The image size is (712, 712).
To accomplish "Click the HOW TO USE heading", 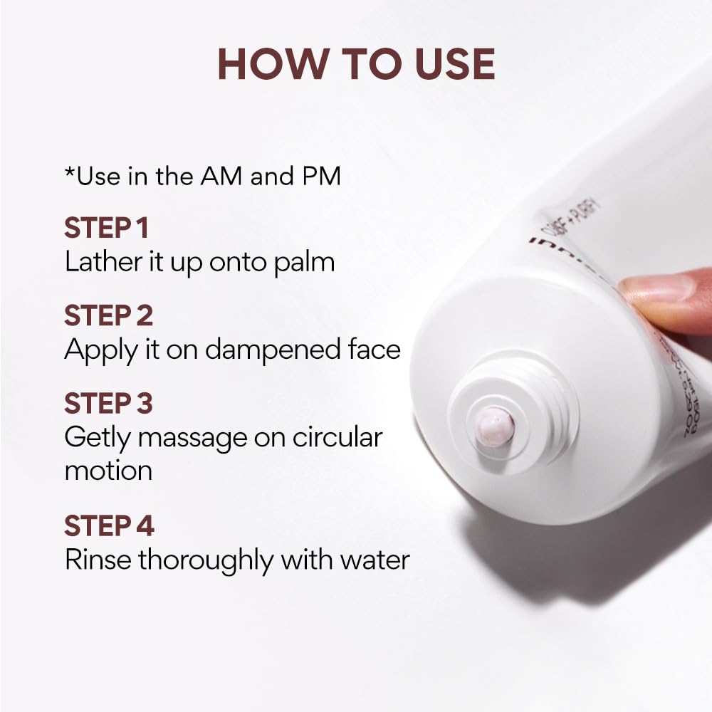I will click(356, 63).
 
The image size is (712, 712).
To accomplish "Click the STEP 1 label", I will click(107, 229).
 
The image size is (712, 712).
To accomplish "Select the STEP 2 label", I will click(108, 316).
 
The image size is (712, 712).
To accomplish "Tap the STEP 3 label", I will click(108, 404).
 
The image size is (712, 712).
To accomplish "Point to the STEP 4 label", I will click(109, 526).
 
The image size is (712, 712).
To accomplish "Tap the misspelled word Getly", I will click(97, 438).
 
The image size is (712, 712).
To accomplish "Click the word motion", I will click(108, 471).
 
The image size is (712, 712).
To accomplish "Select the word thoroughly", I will click(206, 560).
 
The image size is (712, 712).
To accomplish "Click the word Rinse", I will click(98, 560).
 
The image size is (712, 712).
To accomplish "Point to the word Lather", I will click(100, 261).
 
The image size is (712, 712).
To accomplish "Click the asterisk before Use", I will click(69, 172).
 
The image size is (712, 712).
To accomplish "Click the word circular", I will click(339, 436).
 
